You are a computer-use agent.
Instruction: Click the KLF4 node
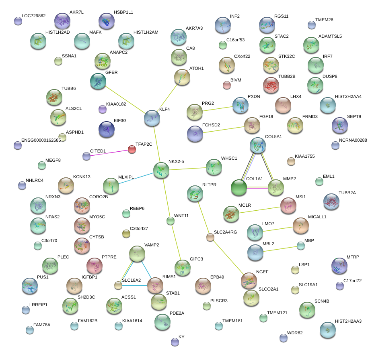point(152,118)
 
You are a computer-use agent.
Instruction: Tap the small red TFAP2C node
point(132,150)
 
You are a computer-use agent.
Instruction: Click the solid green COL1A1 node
point(239,188)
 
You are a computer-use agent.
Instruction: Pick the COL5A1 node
point(257,146)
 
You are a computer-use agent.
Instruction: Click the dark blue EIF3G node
point(106,129)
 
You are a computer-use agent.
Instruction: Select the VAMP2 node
point(137,254)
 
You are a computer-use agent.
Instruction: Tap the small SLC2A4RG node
point(210,237)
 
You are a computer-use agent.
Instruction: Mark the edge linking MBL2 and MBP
point(278,249)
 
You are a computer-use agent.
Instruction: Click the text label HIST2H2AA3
point(348,321)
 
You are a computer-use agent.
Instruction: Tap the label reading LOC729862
point(33,16)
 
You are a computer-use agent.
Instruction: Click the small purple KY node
point(175,342)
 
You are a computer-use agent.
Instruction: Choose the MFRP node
point(339,265)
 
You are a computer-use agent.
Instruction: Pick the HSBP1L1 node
point(107,21)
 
